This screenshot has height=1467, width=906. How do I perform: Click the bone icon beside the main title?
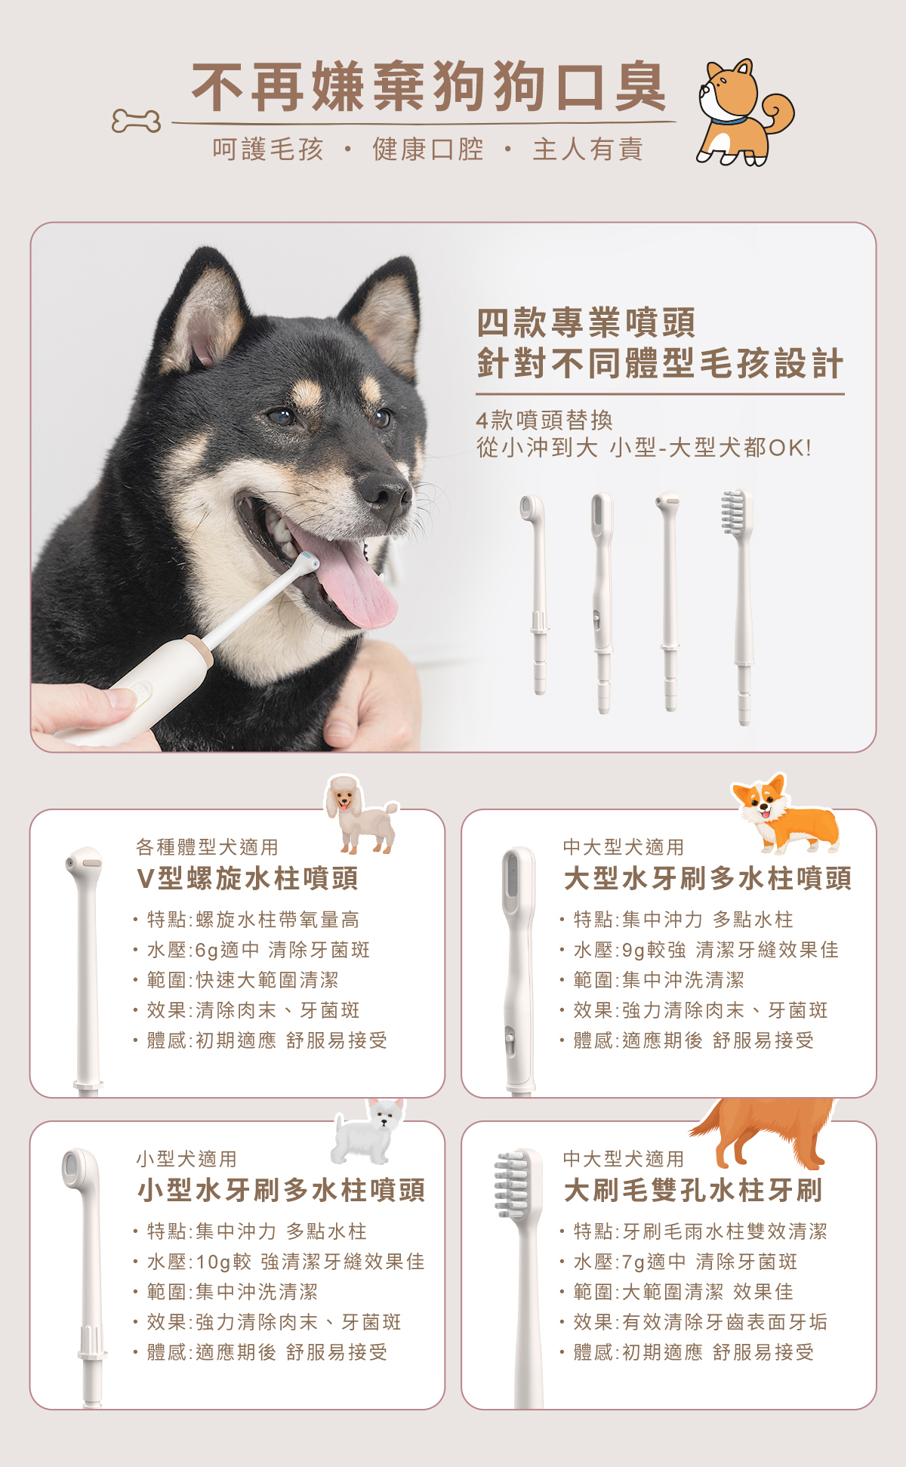pos(136,121)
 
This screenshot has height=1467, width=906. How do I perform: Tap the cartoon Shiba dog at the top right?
pos(744,112)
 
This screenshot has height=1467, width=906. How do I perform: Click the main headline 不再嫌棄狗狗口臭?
pos(430,87)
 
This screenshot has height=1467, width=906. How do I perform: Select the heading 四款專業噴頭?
pos(586,322)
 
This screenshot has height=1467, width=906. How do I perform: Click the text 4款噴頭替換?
pos(544,421)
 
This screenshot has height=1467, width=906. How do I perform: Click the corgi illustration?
pos(785,814)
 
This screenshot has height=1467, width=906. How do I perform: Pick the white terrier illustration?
pos(368,1131)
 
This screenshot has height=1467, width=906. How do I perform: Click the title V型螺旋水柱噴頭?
pos(248,879)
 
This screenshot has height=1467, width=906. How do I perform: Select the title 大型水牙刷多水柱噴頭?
pos(708,879)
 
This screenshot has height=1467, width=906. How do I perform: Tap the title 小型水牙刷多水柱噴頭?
pos(282,1191)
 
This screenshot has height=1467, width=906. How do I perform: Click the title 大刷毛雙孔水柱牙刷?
pos(693,1191)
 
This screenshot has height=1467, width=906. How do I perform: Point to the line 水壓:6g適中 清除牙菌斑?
pos(258,950)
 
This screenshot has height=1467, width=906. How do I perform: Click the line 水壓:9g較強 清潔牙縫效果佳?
pos(706,950)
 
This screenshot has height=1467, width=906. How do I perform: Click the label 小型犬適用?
pos(186,1159)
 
